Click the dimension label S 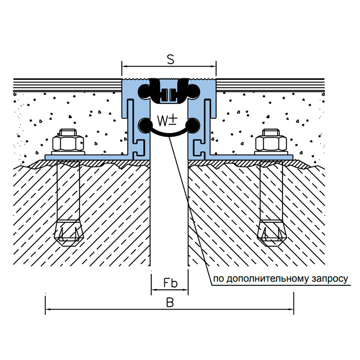click(x=171, y=59)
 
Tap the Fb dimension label click(x=171, y=283)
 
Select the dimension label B click(x=170, y=302)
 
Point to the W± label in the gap click(x=167, y=121)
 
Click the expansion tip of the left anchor click(x=69, y=233)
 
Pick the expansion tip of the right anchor click(x=271, y=233)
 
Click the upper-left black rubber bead click(x=144, y=92)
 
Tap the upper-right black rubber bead click(x=194, y=92)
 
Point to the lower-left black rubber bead click(x=145, y=125)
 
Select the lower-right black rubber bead click(x=193, y=125)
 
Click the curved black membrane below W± click(x=169, y=135)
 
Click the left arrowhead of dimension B click(x=48, y=309)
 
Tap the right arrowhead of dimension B click(x=291, y=309)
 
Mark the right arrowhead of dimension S click(x=213, y=67)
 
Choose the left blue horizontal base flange click(x=88, y=157)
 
